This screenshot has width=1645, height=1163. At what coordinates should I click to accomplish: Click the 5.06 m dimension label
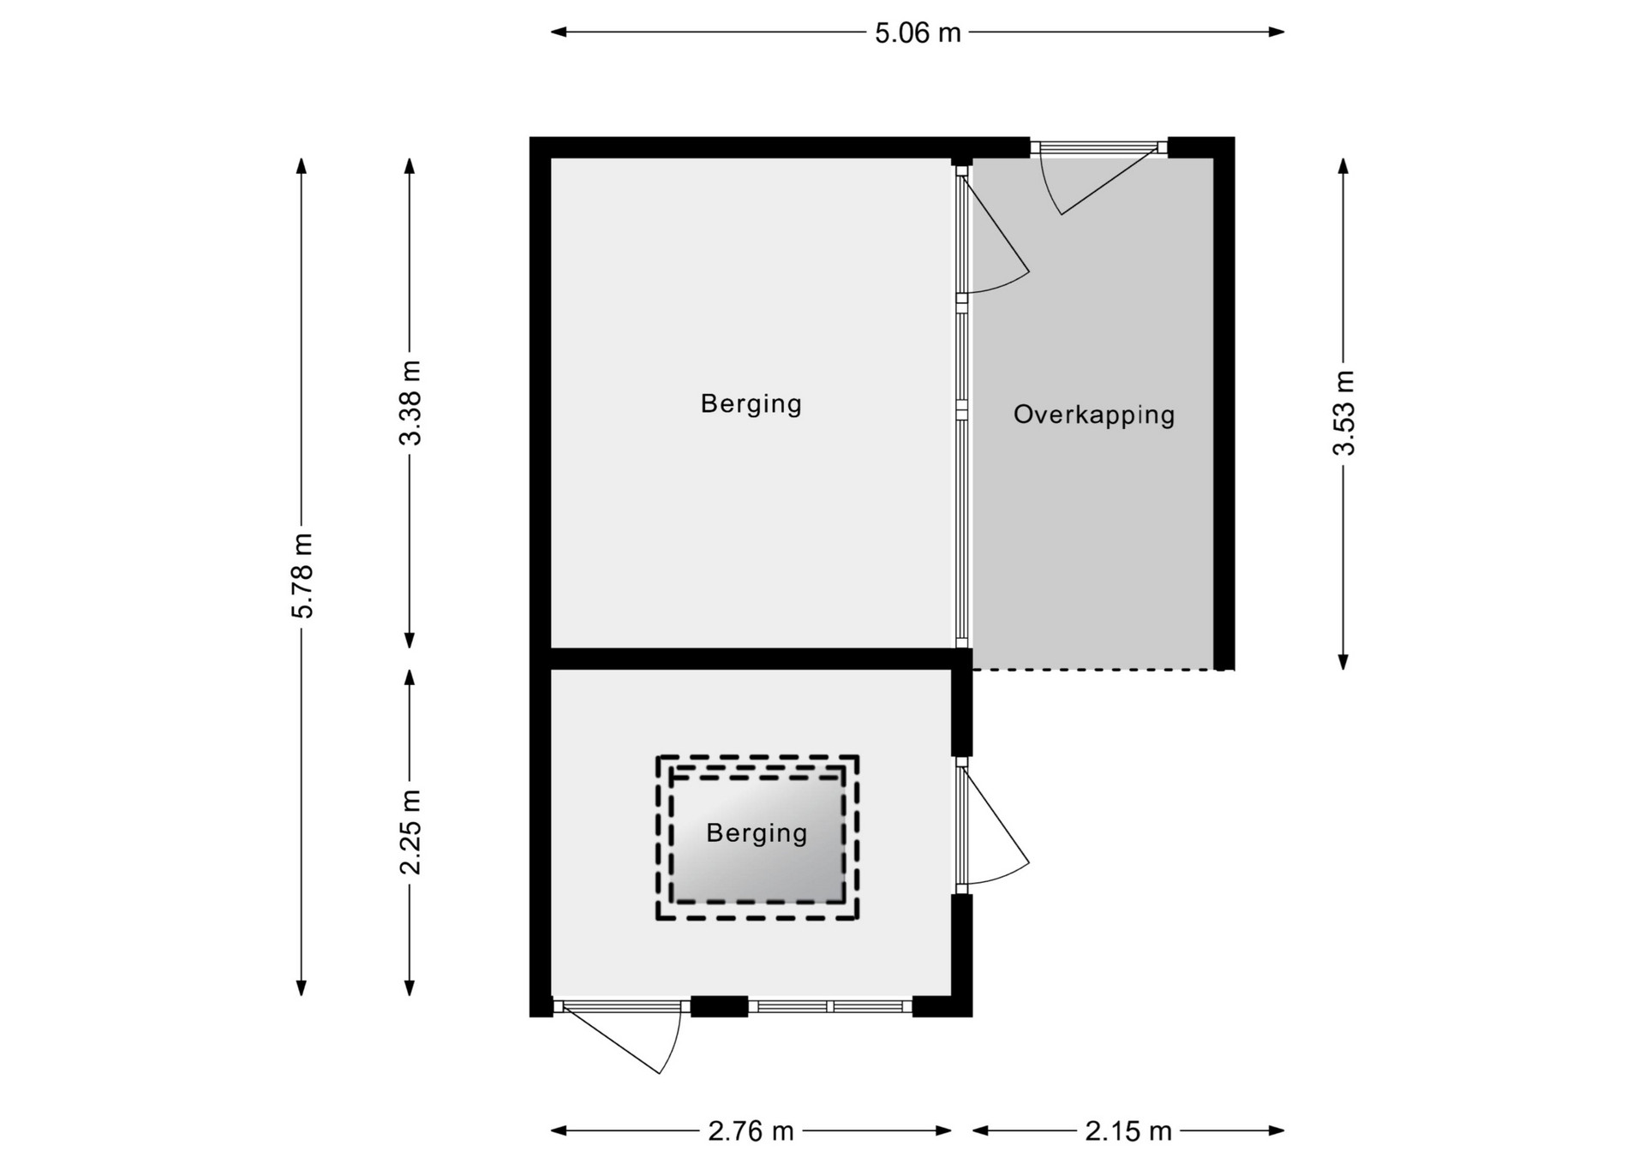point(918,33)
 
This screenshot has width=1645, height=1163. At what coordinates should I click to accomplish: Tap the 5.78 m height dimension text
point(302,576)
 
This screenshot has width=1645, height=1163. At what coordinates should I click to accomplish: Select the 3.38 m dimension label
point(410,403)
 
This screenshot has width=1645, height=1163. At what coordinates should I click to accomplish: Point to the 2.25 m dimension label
point(410,832)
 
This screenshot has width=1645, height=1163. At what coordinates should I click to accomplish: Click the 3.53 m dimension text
point(1343,413)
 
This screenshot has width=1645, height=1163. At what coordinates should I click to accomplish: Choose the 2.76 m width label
point(751,1131)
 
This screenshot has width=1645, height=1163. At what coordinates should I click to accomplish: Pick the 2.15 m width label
point(1128,1131)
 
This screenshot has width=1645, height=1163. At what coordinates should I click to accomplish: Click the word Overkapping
point(1094,415)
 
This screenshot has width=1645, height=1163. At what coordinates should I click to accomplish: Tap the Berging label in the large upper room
point(751,403)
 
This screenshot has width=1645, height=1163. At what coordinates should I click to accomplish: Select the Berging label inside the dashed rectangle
point(757,833)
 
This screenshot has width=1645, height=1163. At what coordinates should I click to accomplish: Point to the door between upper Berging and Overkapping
point(994,231)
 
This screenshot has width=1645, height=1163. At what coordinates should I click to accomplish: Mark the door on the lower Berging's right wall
point(994,826)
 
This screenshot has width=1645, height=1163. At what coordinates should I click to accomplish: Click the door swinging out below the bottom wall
point(619,1038)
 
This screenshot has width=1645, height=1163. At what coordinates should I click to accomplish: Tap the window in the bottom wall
point(830,1006)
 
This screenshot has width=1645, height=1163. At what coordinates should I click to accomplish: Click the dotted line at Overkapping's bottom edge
point(1104,670)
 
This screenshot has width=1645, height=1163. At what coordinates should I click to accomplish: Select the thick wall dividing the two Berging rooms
point(752,659)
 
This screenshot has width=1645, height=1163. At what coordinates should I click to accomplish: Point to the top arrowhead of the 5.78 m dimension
point(302,166)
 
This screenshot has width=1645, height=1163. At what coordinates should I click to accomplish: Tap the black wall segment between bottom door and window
point(720,1006)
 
